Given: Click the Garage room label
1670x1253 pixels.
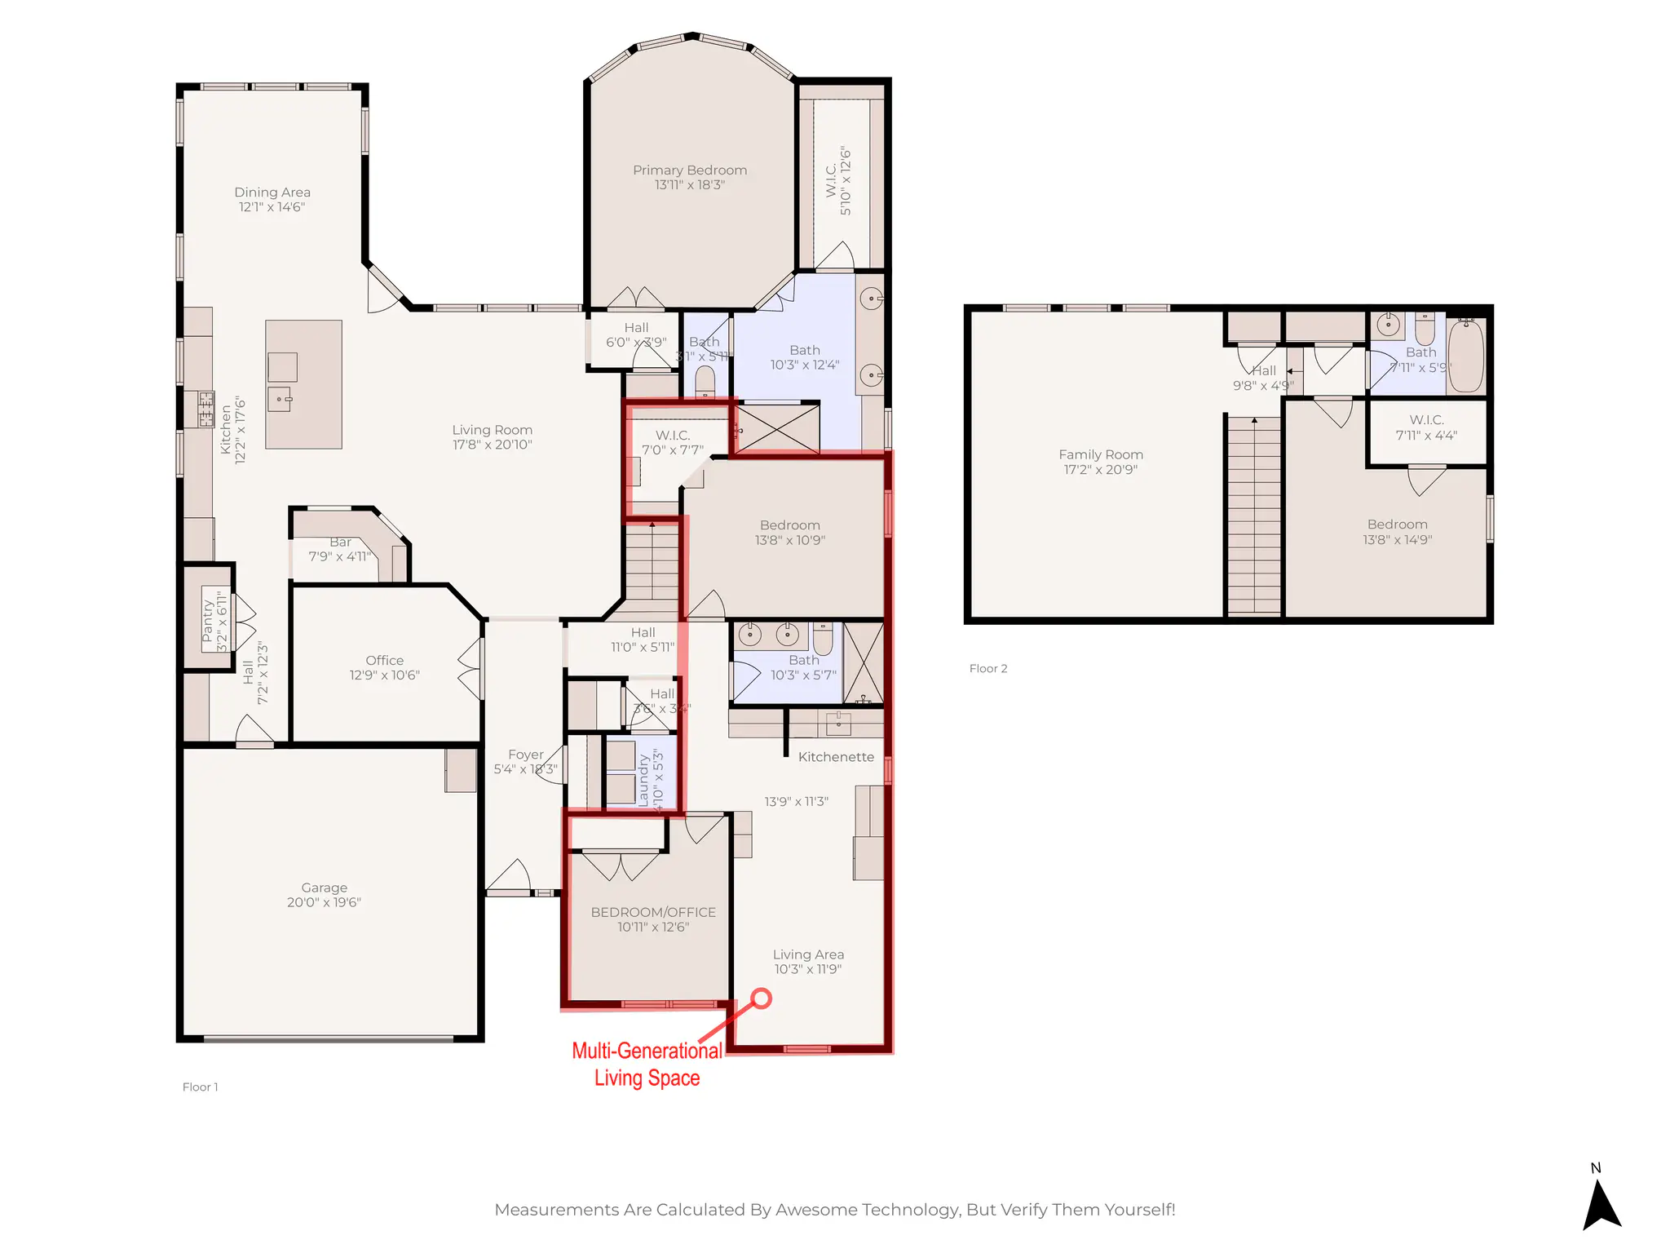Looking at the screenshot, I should pos(324,888).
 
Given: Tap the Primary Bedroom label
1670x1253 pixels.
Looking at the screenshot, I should pos(690,170).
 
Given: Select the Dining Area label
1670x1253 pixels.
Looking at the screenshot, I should pos(272,193).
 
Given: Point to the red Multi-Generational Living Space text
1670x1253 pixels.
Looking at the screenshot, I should pos(647,1064).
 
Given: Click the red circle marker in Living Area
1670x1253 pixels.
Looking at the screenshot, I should pos(761,998).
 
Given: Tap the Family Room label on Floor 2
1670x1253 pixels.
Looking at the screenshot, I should pos(1101,454).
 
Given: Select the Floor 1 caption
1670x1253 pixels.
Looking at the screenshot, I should pos(200,1087).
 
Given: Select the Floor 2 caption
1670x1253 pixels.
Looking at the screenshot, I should pos(988,668).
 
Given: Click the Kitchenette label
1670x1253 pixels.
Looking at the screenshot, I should pos(836,757).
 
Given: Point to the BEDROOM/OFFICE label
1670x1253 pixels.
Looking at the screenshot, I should pos(653,912).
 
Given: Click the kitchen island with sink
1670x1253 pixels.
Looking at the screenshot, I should pos(303,384).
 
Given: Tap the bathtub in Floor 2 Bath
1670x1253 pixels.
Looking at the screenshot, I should pos(1465,356).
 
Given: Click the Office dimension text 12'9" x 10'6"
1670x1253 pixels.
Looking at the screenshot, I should pos(384,675).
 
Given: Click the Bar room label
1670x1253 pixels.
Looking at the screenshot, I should pos(340,542).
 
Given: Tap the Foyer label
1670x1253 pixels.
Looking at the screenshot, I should pos(525,755).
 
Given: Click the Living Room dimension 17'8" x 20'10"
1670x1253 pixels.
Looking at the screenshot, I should pos(493,445).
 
